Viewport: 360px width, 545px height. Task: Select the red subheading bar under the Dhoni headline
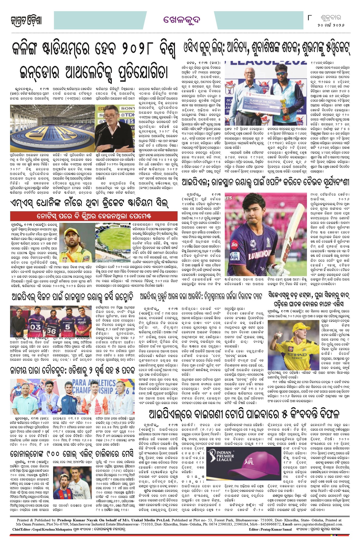pos(94,216)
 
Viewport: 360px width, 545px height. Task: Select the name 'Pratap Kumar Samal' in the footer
pos(276,529)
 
